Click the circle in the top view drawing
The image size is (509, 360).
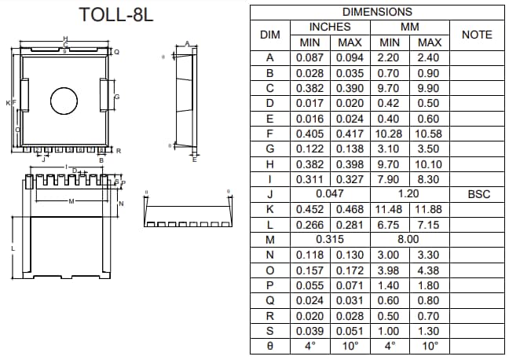(x=64, y=100)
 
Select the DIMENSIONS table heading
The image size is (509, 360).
(x=377, y=12)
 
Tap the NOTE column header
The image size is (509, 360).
(x=477, y=35)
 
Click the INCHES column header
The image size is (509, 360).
(x=331, y=27)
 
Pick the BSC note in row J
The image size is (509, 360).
(x=478, y=193)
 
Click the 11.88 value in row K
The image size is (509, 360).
(x=429, y=209)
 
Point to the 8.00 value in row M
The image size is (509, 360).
(x=408, y=239)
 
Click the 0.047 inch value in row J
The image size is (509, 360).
(x=330, y=193)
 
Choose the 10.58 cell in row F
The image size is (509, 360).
(x=429, y=134)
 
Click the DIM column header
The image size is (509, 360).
(x=270, y=35)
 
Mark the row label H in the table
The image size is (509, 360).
(x=270, y=164)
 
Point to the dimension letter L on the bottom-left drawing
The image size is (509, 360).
(x=13, y=248)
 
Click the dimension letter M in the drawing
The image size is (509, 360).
(x=70, y=202)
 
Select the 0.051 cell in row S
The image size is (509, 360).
(x=350, y=330)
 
